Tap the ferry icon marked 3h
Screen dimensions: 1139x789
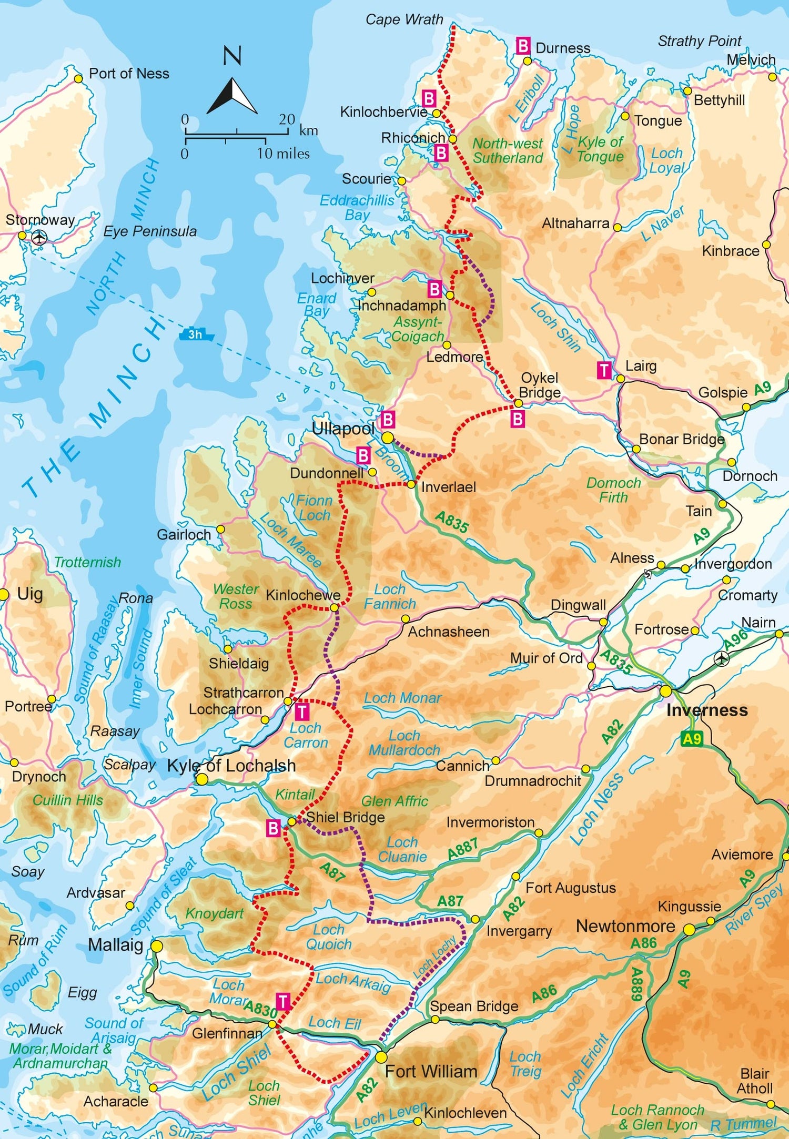click(196, 334)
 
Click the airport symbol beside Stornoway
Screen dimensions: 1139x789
click(39, 238)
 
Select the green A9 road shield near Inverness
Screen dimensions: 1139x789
click(691, 739)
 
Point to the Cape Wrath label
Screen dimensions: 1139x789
click(404, 19)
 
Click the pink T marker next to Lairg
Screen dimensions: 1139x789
click(604, 370)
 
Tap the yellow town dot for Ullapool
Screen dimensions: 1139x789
click(388, 438)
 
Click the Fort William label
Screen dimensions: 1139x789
click(431, 1071)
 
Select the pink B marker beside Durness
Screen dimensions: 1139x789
click(523, 46)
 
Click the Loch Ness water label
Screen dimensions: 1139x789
click(597, 809)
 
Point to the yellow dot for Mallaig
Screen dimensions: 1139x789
click(157, 947)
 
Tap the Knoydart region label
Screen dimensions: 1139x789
click(214, 913)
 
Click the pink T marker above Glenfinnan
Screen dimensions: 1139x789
click(283, 1001)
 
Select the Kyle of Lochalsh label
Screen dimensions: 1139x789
click(231, 766)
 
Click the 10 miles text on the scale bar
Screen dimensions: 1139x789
click(283, 154)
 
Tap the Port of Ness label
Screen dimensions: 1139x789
click(129, 73)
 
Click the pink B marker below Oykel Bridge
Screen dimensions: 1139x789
click(518, 419)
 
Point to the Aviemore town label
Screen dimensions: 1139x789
click(742, 855)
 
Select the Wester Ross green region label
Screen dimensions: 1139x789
click(236, 596)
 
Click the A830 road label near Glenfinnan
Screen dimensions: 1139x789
click(261, 1009)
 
